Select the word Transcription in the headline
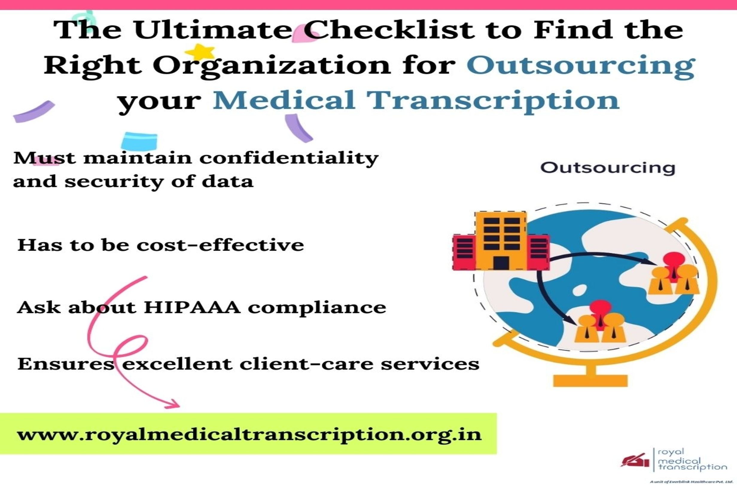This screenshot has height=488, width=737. coord(492,100)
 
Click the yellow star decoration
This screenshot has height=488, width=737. coord(200,52)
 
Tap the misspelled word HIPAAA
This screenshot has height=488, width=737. coord(192,307)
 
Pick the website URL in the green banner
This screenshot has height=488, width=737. coord(249,434)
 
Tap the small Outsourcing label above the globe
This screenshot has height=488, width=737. coord(607,168)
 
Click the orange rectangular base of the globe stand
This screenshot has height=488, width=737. coord(590,381)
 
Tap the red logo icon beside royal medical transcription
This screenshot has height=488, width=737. coord(635,460)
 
